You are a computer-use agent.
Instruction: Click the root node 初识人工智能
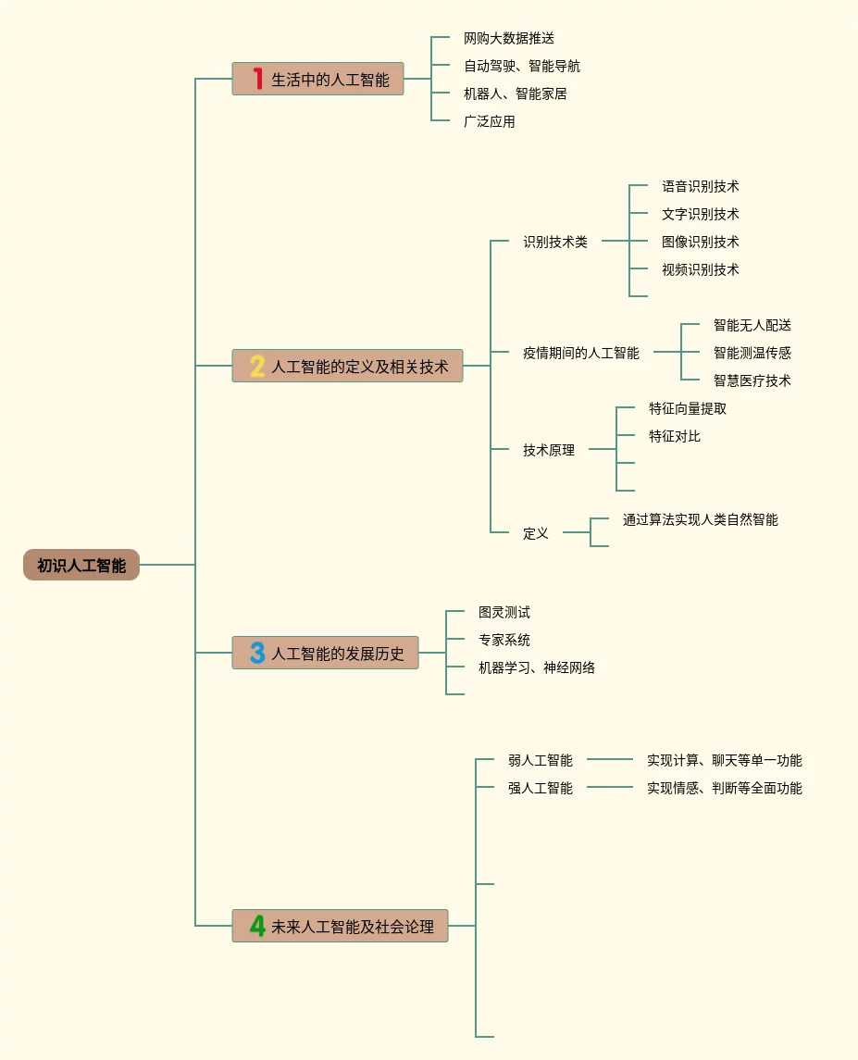(x=81, y=565)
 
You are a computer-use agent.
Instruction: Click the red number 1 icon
(x=257, y=79)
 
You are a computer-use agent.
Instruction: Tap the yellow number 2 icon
(x=257, y=366)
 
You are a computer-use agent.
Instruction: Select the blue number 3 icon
(x=257, y=653)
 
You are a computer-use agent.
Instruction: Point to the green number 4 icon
(x=257, y=925)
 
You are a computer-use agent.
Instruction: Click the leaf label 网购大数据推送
(x=509, y=39)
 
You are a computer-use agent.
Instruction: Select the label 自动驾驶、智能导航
(x=522, y=67)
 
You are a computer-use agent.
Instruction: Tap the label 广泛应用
(x=490, y=121)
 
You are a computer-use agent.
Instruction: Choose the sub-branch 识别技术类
(x=555, y=242)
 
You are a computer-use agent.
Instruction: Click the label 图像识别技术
(x=701, y=242)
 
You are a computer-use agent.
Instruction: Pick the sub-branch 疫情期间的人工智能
(x=581, y=353)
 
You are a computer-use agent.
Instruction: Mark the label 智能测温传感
(x=752, y=353)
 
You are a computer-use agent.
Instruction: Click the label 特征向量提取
(x=688, y=408)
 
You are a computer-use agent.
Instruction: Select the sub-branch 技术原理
(x=549, y=450)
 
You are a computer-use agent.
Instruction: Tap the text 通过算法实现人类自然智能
(x=701, y=519)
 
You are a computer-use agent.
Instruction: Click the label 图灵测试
(x=504, y=612)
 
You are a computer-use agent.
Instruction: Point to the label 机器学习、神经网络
(x=537, y=667)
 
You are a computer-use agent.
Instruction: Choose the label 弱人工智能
(x=541, y=760)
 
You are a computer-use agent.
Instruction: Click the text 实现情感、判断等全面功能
(x=725, y=788)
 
